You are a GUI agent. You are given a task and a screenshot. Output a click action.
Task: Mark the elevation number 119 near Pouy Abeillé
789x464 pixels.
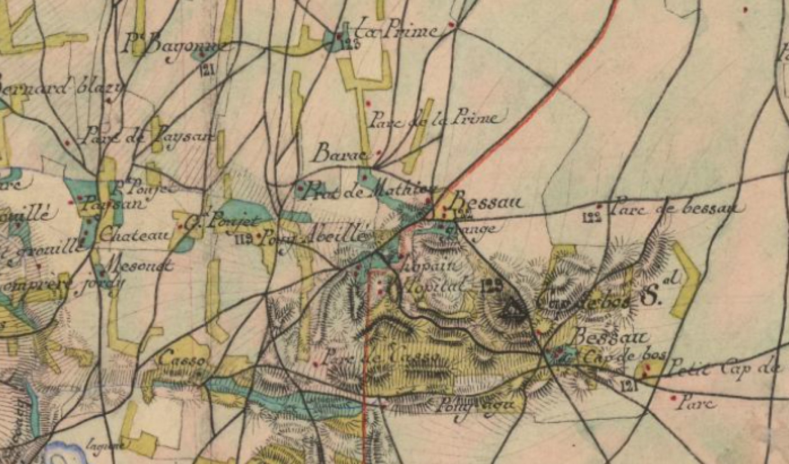point(243,239)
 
